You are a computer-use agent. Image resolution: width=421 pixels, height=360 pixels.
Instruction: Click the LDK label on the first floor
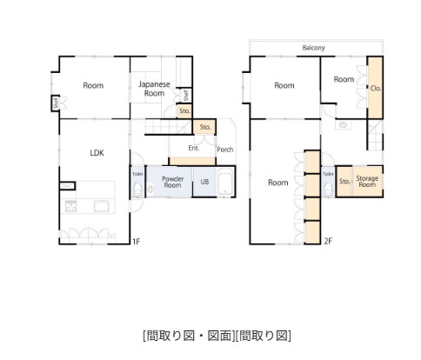click(97, 152)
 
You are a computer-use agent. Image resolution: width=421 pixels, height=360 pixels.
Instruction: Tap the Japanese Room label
click(154, 88)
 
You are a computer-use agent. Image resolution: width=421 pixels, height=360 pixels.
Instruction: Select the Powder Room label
click(171, 182)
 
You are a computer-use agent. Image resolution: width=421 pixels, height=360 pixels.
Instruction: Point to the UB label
click(204, 182)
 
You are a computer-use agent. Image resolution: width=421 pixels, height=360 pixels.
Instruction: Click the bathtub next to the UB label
click(224, 183)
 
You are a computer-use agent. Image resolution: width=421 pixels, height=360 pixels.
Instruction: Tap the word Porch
click(224, 149)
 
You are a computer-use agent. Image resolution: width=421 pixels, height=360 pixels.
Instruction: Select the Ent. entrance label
click(194, 148)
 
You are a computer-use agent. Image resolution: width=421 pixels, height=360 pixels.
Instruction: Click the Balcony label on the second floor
click(314, 48)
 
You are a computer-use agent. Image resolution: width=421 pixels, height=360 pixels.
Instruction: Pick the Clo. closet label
click(375, 88)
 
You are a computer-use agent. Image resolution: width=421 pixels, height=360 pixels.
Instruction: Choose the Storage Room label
click(367, 181)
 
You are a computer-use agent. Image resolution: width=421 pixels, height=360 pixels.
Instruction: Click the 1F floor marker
click(137, 241)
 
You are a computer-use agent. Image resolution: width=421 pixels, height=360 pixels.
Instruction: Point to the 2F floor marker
click(328, 241)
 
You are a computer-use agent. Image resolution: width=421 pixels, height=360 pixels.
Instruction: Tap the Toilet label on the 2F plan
click(328, 174)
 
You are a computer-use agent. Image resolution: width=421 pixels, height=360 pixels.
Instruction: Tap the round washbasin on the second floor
click(343, 124)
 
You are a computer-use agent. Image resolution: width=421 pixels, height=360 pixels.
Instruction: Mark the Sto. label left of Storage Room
click(344, 181)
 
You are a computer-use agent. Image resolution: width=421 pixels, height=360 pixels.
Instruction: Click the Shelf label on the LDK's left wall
click(56, 103)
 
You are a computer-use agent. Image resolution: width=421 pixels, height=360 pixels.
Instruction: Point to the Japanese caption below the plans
click(217, 335)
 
